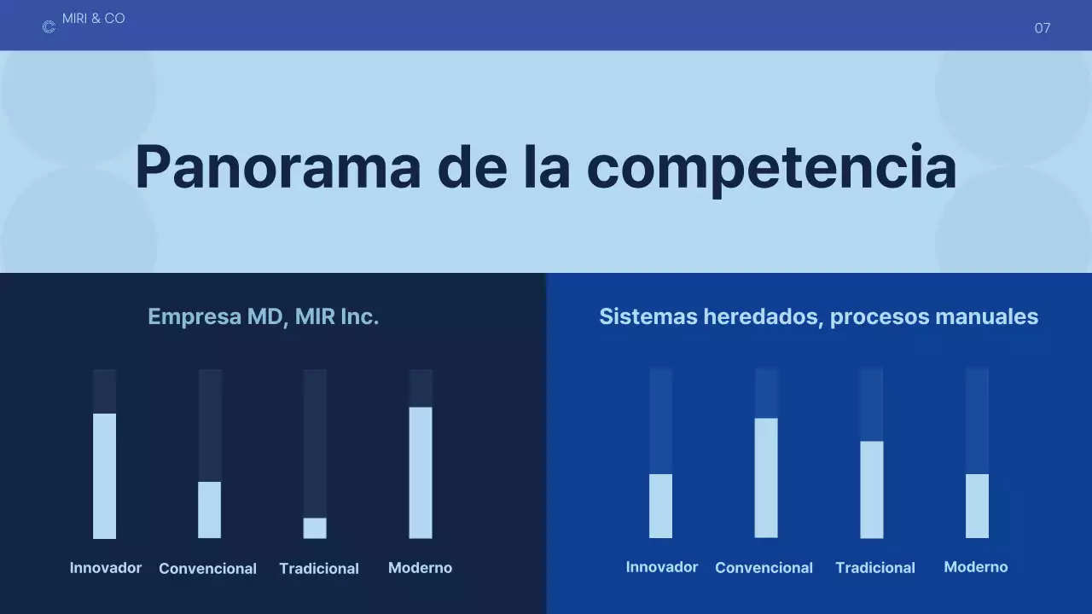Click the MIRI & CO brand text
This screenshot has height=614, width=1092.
click(x=94, y=19)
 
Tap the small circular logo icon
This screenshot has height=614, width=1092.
click(x=49, y=27)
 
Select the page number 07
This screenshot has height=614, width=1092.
click(x=1042, y=28)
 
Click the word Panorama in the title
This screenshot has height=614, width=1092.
click(x=277, y=166)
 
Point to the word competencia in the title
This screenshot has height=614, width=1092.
click(x=771, y=166)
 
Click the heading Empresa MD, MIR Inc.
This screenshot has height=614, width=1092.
click(x=263, y=316)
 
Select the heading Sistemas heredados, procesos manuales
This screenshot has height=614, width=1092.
click(x=818, y=316)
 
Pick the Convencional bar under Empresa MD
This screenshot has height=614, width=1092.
click(x=210, y=510)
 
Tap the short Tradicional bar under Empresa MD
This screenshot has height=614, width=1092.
click(x=315, y=528)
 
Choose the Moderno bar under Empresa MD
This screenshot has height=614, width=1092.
click(x=421, y=472)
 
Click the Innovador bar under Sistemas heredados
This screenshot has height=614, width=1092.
click(x=660, y=506)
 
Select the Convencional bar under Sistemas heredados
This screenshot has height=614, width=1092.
click(x=766, y=478)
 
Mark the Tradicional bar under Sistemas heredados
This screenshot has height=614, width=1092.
click(x=871, y=489)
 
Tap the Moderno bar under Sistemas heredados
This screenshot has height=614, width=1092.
click(x=977, y=506)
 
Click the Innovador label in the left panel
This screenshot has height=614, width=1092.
click(x=106, y=568)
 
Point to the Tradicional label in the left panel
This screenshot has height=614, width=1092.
click(x=319, y=569)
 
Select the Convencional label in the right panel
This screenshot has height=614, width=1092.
click(x=764, y=568)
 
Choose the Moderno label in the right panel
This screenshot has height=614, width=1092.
click(x=975, y=567)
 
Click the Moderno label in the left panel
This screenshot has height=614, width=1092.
click(x=420, y=568)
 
